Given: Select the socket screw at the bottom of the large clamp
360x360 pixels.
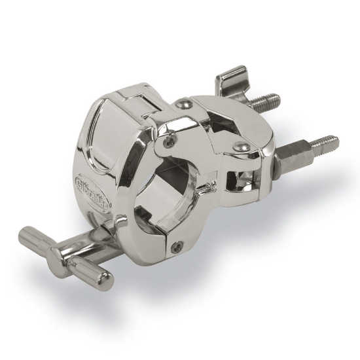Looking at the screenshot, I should point(176,246).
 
